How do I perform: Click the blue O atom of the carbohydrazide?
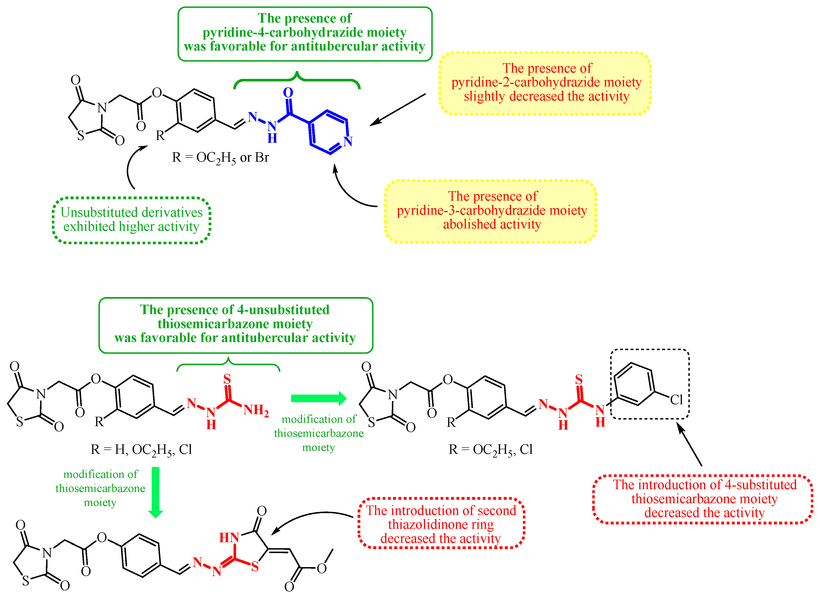point(288,93)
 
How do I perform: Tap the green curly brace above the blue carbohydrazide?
point(297,79)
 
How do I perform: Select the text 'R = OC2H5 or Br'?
point(220,158)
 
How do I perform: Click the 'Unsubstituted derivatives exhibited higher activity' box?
point(131,220)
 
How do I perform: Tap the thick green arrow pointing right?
point(318,399)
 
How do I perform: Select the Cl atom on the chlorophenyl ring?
point(676,400)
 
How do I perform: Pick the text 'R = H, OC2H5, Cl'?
point(141,449)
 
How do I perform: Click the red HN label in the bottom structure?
point(229,538)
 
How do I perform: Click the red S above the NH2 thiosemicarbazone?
point(227,379)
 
